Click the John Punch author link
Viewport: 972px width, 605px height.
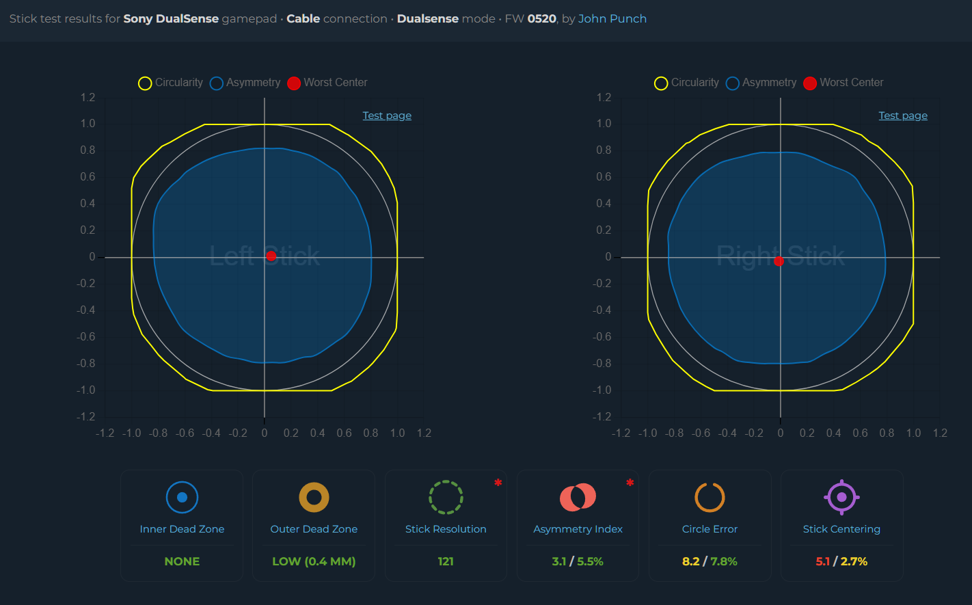coord(612,18)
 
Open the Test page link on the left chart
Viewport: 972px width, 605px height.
coord(387,116)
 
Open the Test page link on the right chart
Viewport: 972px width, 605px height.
coord(903,116)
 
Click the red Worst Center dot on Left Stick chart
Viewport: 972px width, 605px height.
coord(271,256)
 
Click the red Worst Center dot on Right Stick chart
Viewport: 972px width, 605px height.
coord(779,261)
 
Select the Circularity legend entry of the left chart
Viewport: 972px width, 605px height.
coord(171,83)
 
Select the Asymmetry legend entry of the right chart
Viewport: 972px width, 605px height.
coord(761,83)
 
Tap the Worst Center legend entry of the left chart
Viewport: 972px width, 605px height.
coord(327,83)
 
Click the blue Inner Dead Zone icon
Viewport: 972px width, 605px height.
coord(182,497)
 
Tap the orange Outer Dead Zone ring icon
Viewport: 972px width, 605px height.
coord(314,497)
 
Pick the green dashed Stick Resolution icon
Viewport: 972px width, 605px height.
coord(446,497)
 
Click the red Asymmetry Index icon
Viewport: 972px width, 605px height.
coord(578,497)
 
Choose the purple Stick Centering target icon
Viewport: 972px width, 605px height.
coord(841,497)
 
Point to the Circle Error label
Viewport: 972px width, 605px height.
coord(710,529)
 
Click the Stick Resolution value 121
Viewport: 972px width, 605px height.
coord(446,561)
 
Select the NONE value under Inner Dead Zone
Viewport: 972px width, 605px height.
coord(182,561)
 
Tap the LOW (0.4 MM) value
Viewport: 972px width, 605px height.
coord(314,561)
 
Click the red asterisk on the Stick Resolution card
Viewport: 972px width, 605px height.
coord(498,483)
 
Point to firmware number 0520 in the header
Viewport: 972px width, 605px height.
coord(541,18)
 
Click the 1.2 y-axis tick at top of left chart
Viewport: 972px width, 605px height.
coord(88,97)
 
